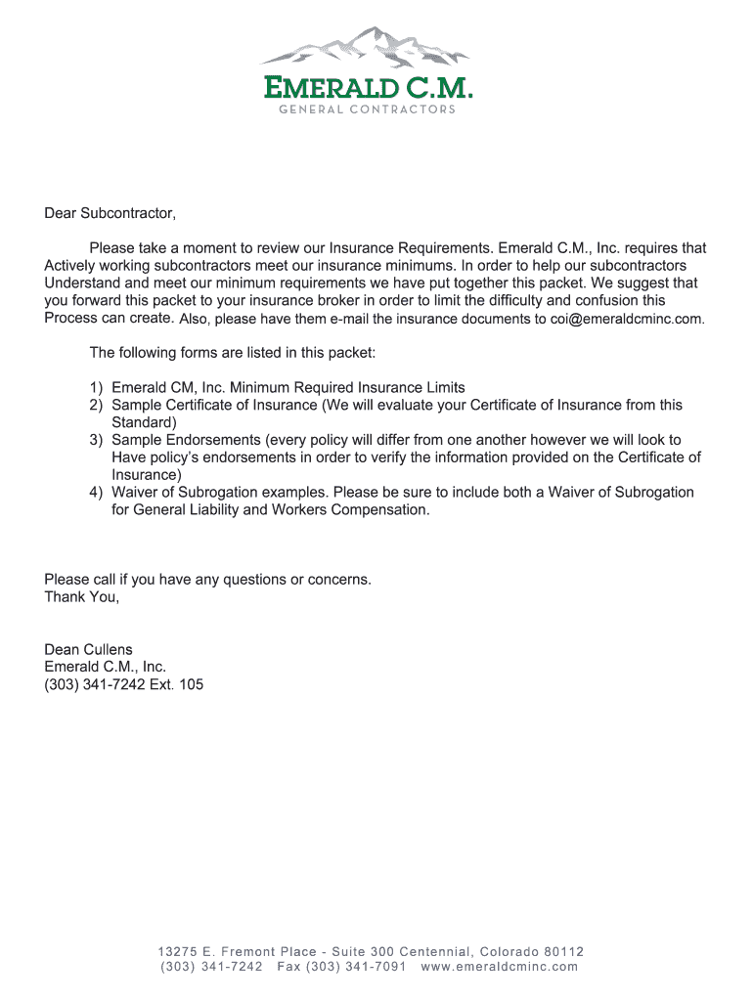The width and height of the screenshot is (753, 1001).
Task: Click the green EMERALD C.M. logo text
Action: tap(368, 89)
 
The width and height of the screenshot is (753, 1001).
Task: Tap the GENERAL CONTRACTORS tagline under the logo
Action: tap(368, 109)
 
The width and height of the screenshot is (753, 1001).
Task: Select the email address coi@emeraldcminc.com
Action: tap(626, 319)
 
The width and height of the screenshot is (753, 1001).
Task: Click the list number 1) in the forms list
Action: tap(97, 387)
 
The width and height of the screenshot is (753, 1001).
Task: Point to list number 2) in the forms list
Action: tap(97, 405)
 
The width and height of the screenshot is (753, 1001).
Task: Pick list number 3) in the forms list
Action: tap(97, 440)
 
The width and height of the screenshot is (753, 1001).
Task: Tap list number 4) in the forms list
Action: tap(97, 492)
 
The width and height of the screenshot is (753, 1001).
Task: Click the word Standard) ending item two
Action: tap(144, 422)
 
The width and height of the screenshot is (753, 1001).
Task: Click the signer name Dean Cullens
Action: tap(88, 649)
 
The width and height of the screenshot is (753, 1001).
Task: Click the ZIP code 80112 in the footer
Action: tap(563, 951)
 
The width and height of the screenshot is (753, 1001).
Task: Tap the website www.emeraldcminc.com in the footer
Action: tap(499, 967)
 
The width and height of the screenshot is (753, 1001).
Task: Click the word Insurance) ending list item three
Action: tap(146, 474)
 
